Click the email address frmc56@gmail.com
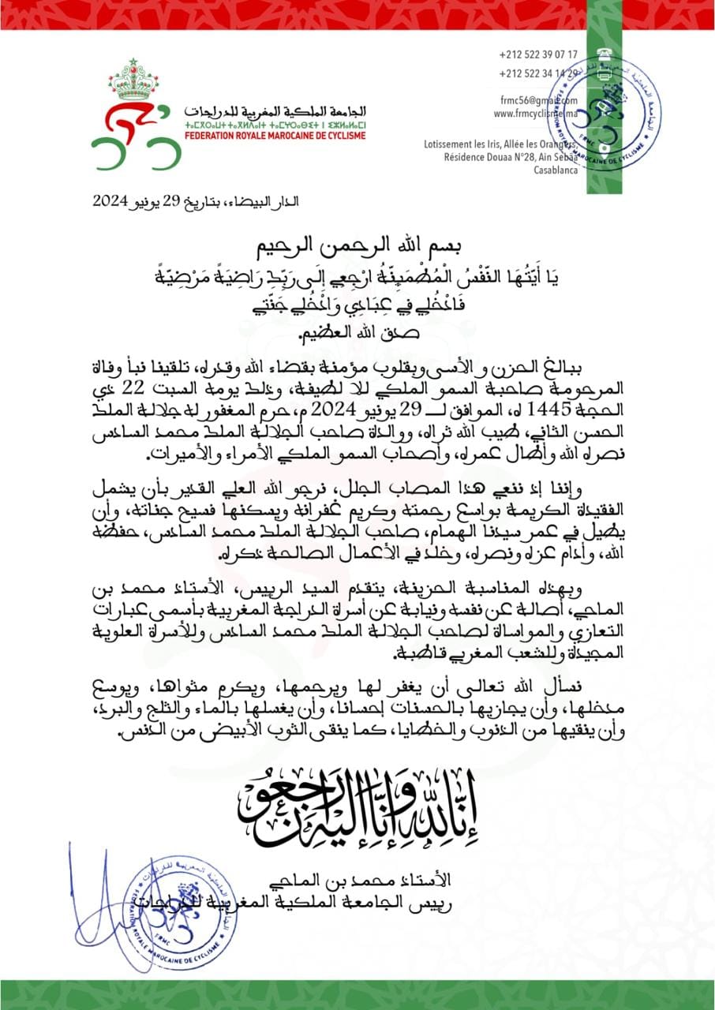coord(537,100)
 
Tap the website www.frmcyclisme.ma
coord(536,114)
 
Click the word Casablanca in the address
coord(556,170)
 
